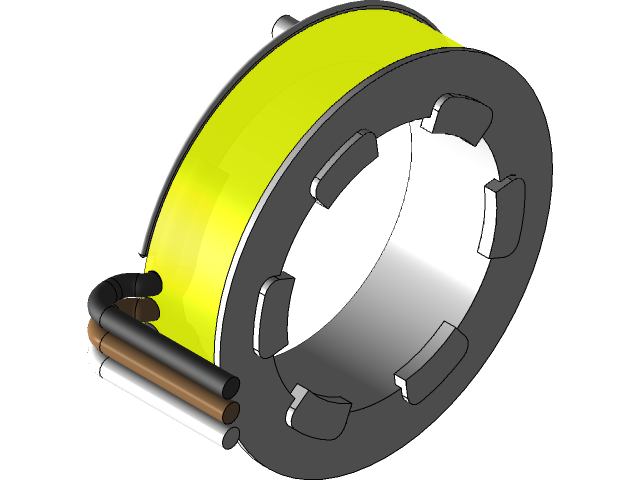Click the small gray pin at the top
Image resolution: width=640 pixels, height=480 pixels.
288,22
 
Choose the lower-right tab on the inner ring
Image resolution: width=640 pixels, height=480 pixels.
431,360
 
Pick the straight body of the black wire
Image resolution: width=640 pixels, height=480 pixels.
170,350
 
